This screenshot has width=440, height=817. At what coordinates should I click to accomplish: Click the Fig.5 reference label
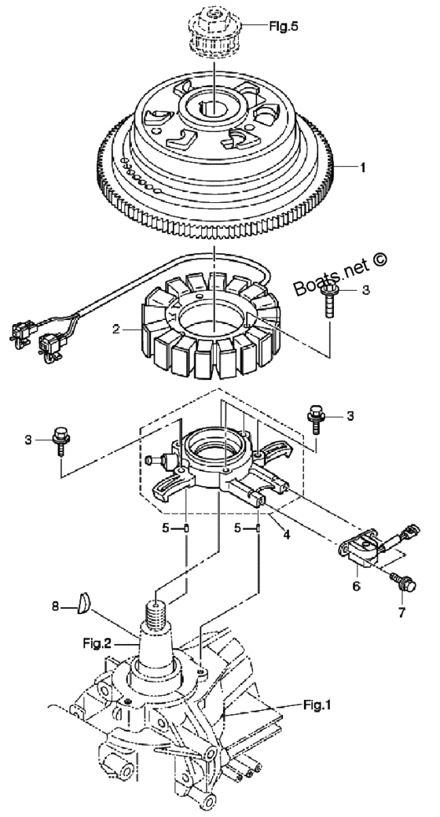tap(284, 25)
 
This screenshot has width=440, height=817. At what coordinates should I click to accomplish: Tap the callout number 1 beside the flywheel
tap(362, 167)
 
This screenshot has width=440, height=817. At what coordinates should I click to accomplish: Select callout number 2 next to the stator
tap(116, 329)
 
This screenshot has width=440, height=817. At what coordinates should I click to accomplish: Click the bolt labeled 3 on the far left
tap(61, 440)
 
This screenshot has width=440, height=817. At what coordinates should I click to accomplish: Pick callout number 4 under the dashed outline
tap(285, 534)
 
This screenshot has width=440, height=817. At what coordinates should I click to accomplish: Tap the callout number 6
tap(356, 586)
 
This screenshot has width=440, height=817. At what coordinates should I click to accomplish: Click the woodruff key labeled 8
tap(84, 604)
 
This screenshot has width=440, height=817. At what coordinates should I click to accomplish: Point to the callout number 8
tap(55, 606)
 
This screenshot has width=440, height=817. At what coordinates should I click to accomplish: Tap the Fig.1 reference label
tap(317, 706)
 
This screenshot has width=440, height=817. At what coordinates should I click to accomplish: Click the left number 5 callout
tap(166, 528)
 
